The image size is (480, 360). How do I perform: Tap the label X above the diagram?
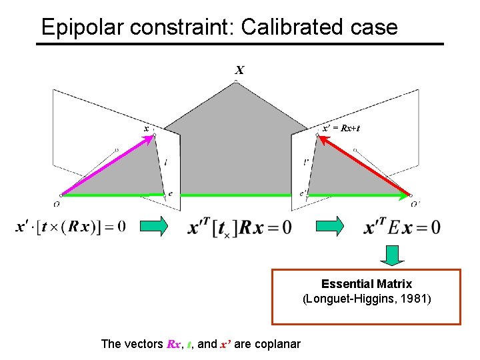click(x=239, y=70)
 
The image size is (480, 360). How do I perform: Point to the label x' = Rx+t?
click(x=341, y=127)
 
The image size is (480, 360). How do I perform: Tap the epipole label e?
click(x=170, y=194)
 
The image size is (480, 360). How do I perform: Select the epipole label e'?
click(x=303, y=194)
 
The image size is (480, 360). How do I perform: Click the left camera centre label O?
click(x=57, y=204)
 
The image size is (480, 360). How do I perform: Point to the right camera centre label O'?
click(x=415, y=204)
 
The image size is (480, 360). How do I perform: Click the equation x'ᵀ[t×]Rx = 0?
click(x=240, y=227)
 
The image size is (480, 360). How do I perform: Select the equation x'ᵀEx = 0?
click(x=403, y=227)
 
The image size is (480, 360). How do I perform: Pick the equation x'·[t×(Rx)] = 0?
click(x=70, y=227)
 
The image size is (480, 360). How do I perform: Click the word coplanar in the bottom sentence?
click(x=274, y=344)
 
